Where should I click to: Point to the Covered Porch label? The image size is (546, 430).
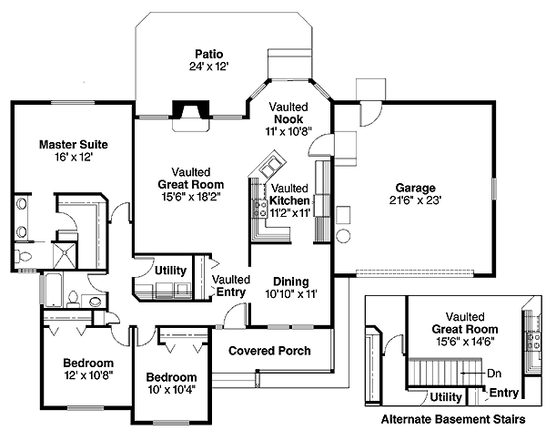[269, 351]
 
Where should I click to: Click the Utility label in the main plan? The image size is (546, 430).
[170, 271]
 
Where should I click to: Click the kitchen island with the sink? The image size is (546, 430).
[270, 168]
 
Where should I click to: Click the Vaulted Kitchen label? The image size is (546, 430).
[290, 200]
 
